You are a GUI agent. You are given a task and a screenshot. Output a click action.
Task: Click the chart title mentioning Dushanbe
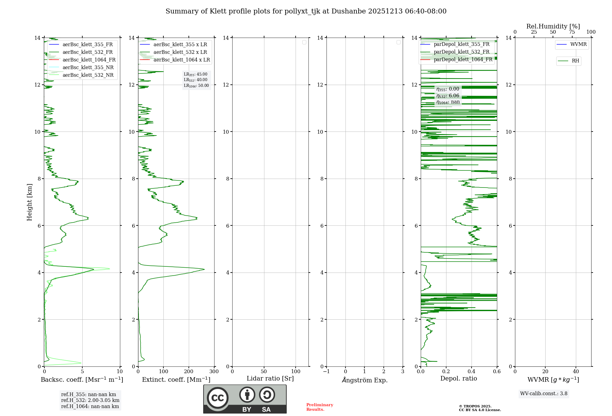pos(306,11)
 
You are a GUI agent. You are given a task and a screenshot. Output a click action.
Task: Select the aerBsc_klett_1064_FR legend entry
pos(89,60)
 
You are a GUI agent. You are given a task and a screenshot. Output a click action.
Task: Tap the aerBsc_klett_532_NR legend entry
pos(88,75)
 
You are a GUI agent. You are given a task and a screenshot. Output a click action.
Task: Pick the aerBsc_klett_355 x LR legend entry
pos(180,44)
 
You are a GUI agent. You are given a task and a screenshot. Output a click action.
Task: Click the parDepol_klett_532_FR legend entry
pos(461,52)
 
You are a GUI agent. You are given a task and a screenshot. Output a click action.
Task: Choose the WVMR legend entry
pos(578,44)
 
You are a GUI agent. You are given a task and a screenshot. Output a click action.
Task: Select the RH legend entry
pos(575,61)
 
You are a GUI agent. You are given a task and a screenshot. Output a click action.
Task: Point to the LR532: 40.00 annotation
pos(196,80)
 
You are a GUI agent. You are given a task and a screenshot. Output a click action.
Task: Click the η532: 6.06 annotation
pos(448,96)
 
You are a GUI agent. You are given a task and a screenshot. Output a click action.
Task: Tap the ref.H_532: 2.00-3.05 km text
pos(90,400)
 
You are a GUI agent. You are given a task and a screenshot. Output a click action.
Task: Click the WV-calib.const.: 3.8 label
pos(544,393)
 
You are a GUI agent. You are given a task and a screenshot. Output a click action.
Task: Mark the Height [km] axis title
pos(29,202)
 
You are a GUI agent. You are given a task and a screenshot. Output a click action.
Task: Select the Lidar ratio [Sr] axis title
pos(270,378)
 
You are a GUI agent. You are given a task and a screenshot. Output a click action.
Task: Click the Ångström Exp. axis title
pos(365,380)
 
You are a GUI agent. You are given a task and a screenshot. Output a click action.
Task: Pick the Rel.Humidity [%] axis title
pos(553,26)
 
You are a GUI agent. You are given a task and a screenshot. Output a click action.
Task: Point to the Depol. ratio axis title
pos(458,378)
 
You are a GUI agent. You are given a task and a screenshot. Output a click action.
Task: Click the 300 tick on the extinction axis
pos(214,371)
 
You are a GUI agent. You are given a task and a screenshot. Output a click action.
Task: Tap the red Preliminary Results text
pos(319,407)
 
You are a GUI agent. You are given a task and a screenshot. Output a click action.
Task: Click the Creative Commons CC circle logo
pos(218,398)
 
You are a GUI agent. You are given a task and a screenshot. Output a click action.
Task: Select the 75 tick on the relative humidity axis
pos(572,32)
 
